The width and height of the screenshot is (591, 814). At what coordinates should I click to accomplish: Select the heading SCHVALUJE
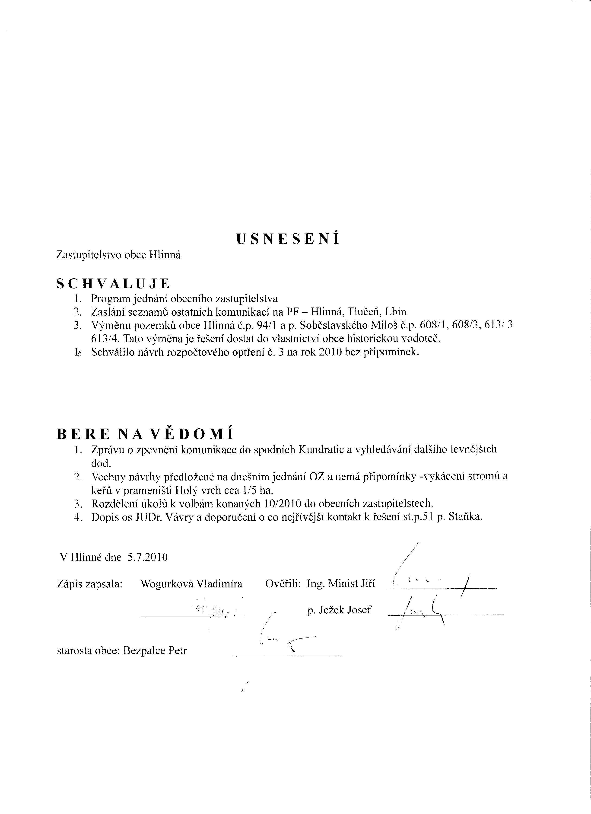coord(113,284)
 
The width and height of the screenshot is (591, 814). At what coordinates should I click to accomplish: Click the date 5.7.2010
coord(147,557)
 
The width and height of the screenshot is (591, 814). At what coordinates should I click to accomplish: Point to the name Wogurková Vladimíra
coord(191,584)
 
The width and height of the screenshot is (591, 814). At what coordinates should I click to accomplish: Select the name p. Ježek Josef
coord(339,610)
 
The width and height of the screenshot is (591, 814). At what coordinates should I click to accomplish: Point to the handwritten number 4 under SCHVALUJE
coord(78,353)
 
